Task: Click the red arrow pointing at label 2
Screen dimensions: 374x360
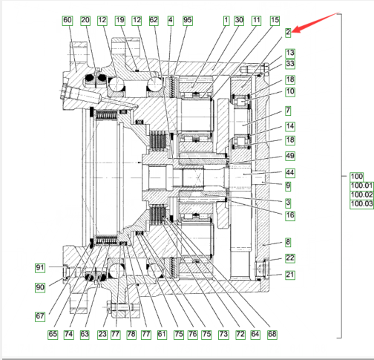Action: [316, 22]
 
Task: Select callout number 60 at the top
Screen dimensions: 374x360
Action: [68, 21]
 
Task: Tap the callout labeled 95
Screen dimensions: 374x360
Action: [188, 21]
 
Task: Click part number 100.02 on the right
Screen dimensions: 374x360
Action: [362, 195]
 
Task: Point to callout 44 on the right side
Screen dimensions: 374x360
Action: [290, 173]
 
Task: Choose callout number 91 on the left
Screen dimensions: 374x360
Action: [40, 268]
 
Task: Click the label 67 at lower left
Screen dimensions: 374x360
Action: [40, 316]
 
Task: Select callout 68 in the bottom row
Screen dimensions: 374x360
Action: [272, 334]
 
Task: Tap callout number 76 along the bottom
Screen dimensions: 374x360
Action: [193, 334]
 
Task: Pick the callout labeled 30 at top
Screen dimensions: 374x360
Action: [239, 21]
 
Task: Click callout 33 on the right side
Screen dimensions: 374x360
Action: [290, 64]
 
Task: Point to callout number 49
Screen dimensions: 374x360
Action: [290, 156]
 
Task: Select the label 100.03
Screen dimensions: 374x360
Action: [362, 204]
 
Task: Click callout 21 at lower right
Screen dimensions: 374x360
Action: [290, 275]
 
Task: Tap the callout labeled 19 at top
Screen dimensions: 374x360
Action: [120, 21]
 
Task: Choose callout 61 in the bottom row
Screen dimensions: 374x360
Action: [162, 334]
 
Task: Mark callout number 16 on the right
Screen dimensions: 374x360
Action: [290, 216]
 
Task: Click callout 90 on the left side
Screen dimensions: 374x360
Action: [40, 287]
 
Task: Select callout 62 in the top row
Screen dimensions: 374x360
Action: [154, 21]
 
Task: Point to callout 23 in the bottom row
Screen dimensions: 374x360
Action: [102, 334]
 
